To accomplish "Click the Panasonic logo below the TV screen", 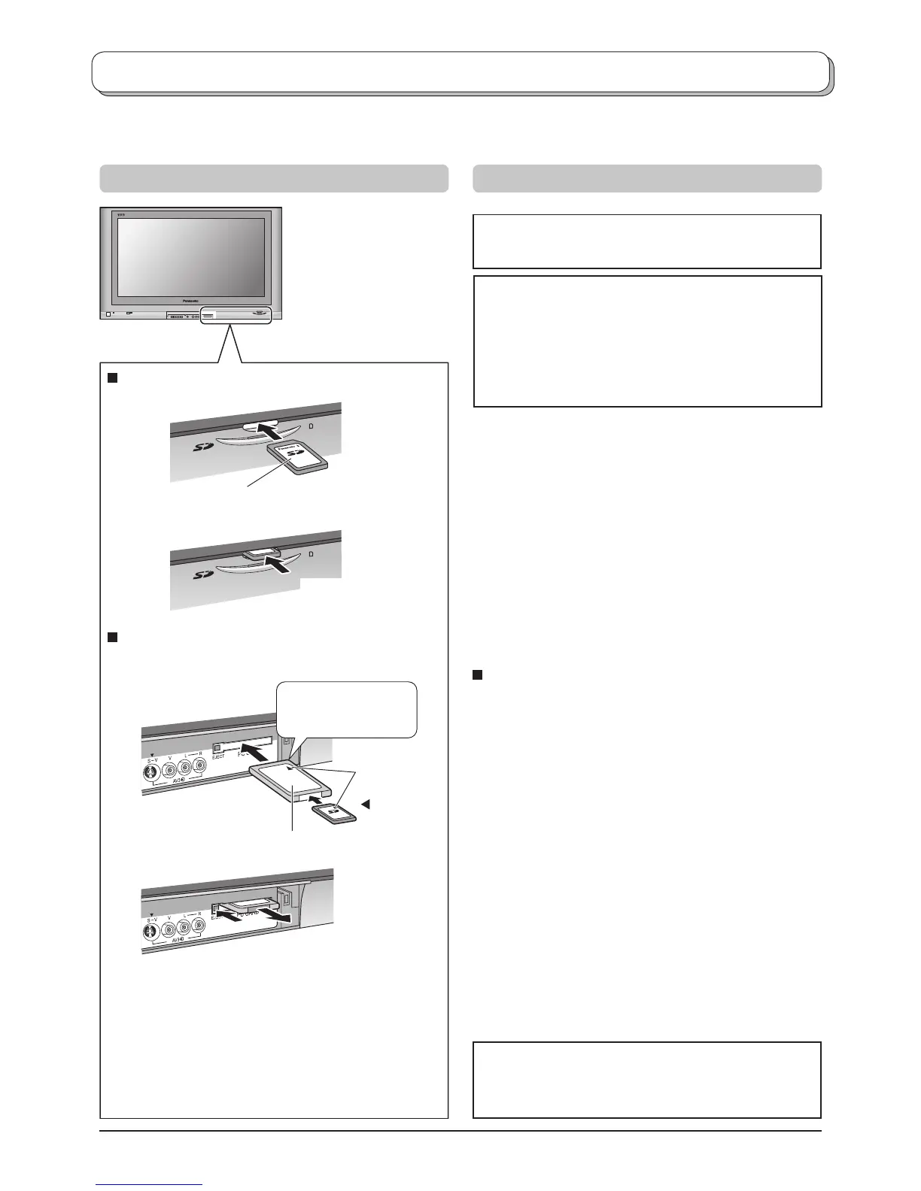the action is [191, 299].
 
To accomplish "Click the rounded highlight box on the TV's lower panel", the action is [236, 315].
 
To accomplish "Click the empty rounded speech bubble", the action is [347, 708].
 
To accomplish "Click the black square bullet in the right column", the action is [477, 674].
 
